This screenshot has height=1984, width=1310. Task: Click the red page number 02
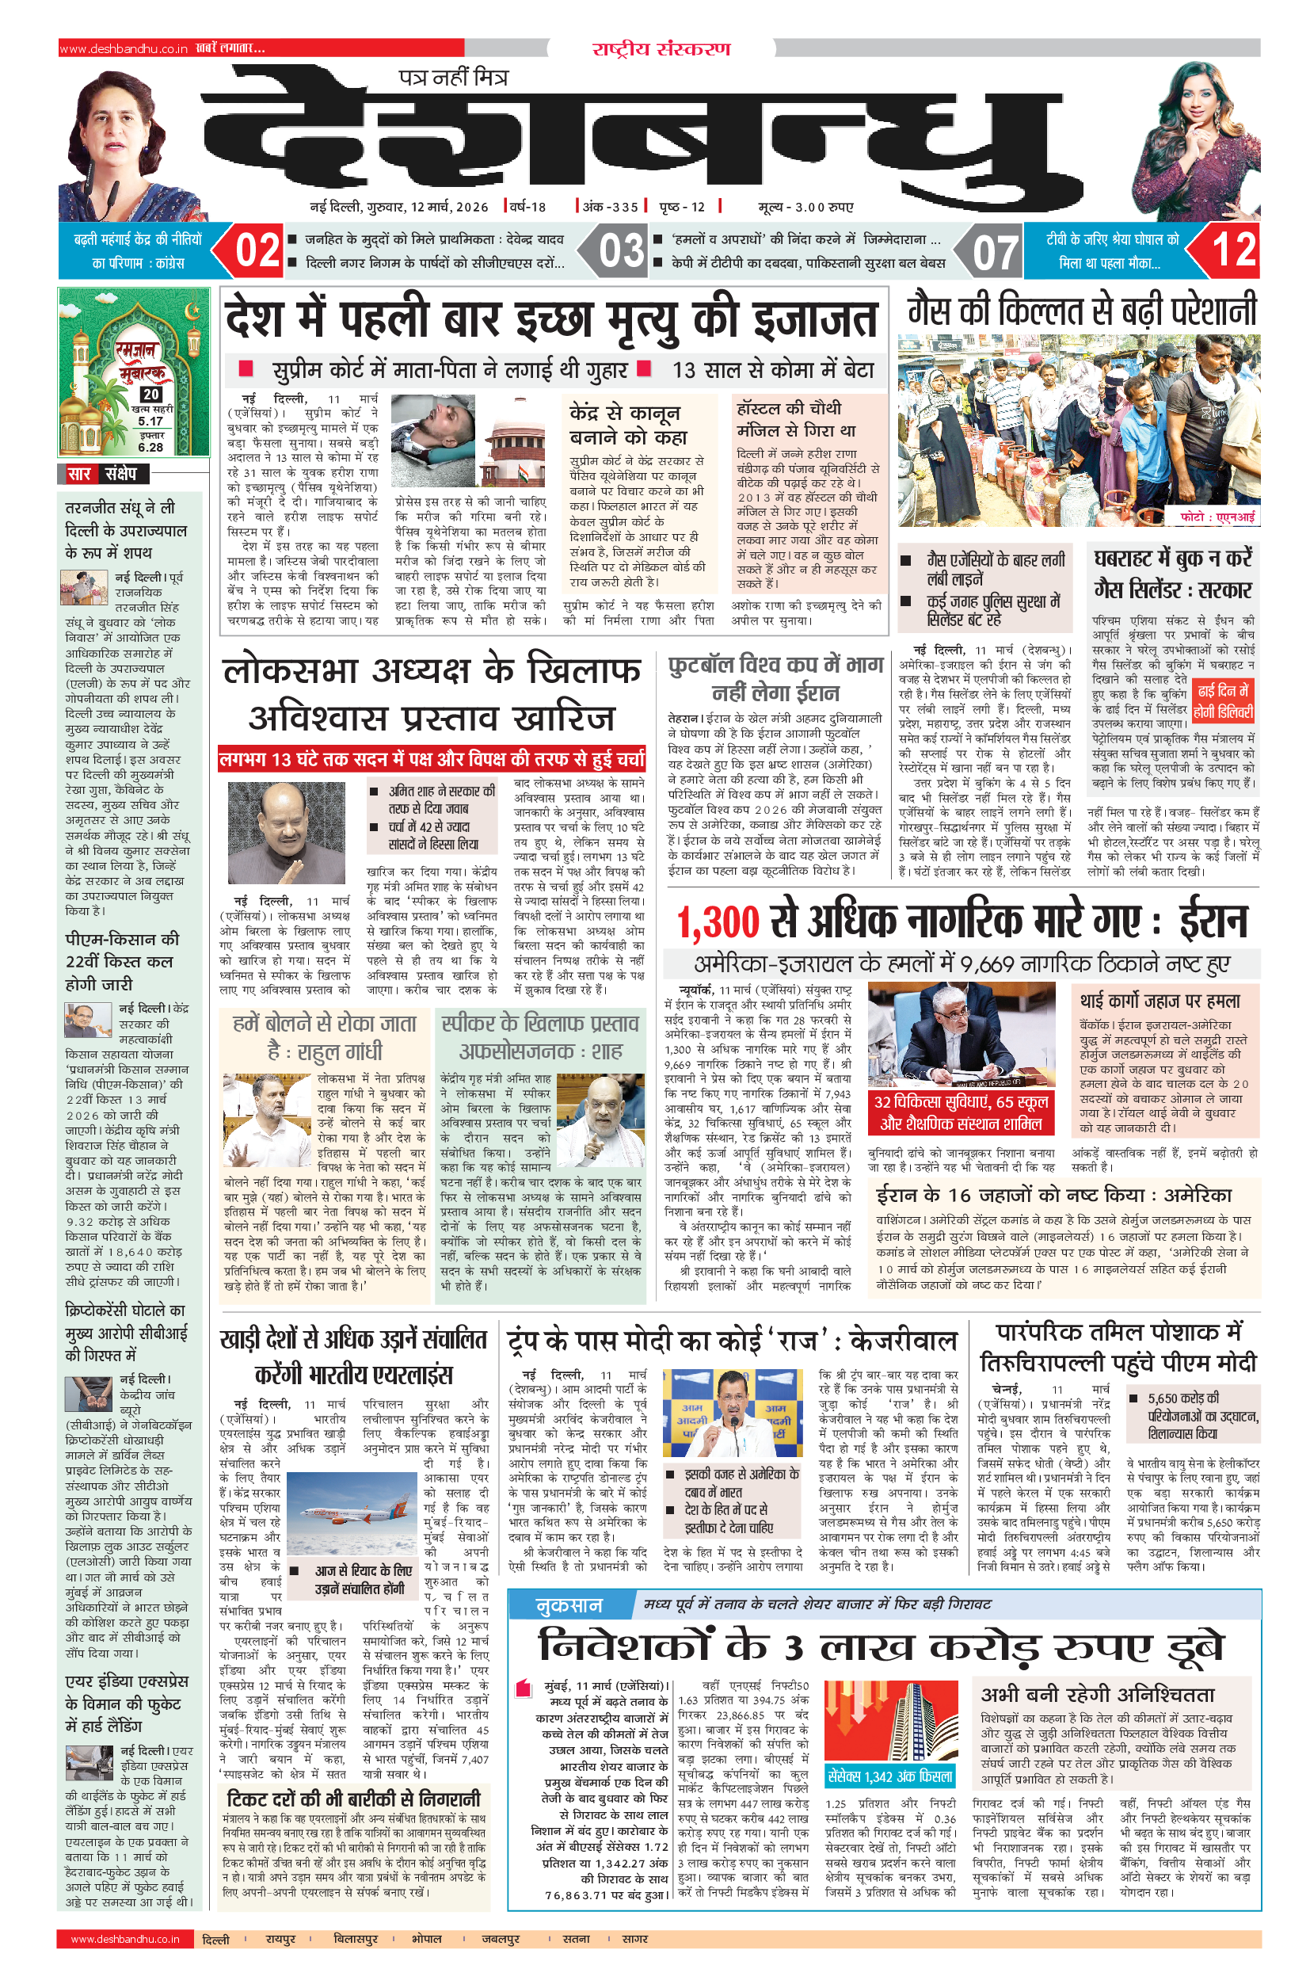pos(257,250)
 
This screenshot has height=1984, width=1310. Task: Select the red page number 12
pos(1233,250)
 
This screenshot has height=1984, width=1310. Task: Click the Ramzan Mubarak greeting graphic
pos(134,371)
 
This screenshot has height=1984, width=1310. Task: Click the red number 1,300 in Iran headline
pos(718,921)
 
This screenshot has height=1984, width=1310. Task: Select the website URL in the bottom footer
pos(125,1939)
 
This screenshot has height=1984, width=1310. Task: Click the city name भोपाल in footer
pos(426,1939)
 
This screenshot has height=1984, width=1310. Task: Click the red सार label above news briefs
pos(79,474)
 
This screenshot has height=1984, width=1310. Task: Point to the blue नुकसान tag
pos(569,1604)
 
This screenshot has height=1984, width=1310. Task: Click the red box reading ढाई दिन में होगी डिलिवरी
pos(1223,701)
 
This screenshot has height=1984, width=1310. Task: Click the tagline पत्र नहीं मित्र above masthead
pos(453,78)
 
